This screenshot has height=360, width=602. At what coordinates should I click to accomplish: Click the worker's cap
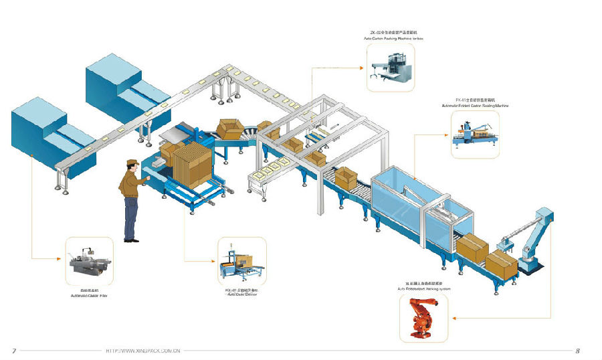click(x=132, y=161)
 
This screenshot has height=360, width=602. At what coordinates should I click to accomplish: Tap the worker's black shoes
click(x=132, y=239)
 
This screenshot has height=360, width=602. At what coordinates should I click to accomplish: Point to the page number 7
click(x=14, y=350)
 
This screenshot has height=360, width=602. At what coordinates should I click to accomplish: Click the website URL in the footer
click(x=143, y=350)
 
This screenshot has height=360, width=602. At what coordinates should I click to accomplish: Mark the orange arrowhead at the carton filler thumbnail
click(x=64, y=258)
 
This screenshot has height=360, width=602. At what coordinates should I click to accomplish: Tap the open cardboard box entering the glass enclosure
click(x=346, y=178)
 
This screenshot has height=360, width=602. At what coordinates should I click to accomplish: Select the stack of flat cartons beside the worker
click(x=191, y=164)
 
